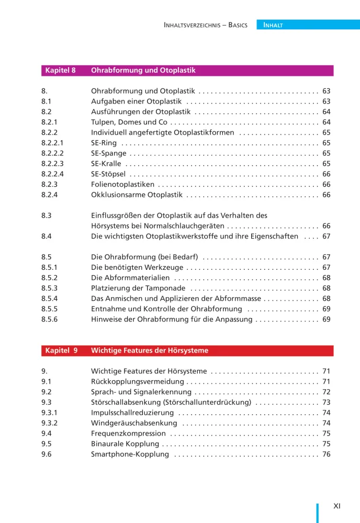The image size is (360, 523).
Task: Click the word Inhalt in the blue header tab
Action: [x=273, y=25]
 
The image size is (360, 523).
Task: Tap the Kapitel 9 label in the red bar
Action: [x=61, y=350]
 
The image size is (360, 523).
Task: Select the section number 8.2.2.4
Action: [x=52, y=174]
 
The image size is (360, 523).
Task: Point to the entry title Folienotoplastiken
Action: [x=122, y=185]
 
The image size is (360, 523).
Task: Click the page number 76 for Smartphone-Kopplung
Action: [x=327, y=454]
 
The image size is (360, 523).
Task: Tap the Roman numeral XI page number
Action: [x=337, y=506]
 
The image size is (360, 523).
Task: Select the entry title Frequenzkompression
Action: [x=128, y=434]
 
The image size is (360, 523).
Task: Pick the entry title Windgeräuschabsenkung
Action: [x=134, y=423]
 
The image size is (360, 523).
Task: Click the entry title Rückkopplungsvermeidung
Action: [x=137, y=382]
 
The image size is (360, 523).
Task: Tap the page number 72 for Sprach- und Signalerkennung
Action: [x=327, y=392]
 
